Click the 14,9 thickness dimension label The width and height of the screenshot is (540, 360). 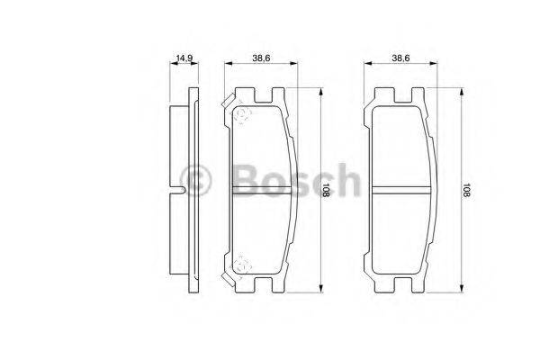pos(186,58)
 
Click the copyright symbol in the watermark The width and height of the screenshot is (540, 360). pos(195,179)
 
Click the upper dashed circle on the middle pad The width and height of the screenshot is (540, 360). pos(241,113)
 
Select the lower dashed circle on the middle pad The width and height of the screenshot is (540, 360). pos(241,265)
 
